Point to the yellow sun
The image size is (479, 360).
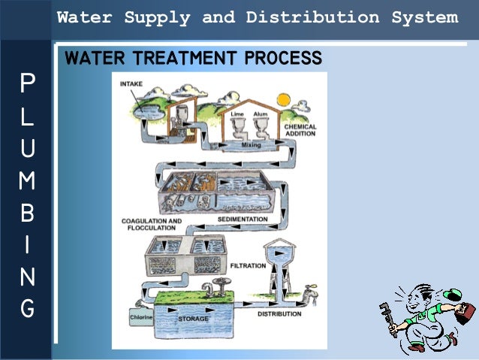point(283,99)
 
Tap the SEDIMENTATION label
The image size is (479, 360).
point(242,219)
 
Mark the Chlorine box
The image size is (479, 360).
point(140,317)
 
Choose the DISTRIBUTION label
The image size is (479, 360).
point(279,313)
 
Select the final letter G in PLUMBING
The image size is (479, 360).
point(26,308)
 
